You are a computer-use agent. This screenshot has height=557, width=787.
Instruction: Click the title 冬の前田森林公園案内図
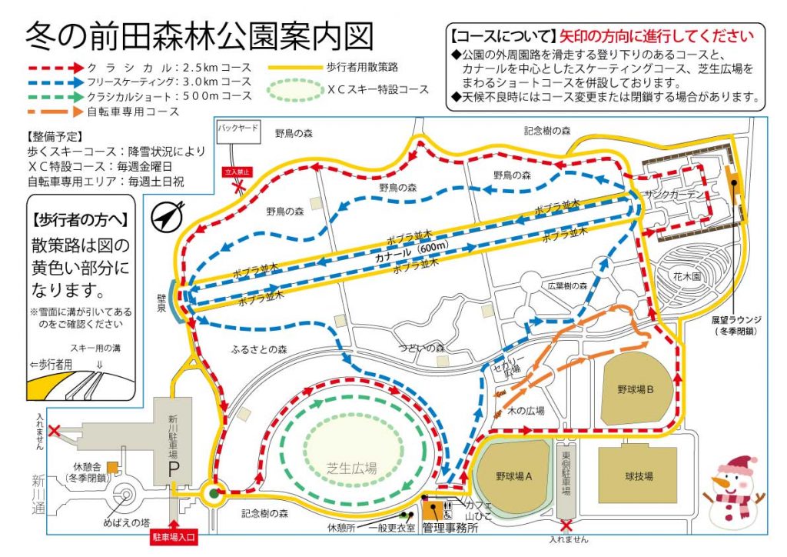tap(200, 35)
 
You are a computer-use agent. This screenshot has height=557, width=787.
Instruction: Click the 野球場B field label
tap(635, 390)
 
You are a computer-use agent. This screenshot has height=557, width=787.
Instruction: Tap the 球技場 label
tap(637, 477)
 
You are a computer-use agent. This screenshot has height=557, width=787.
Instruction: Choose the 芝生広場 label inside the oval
tap(351, 467)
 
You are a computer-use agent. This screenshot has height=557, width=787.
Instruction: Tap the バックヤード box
tap(237, 127)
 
